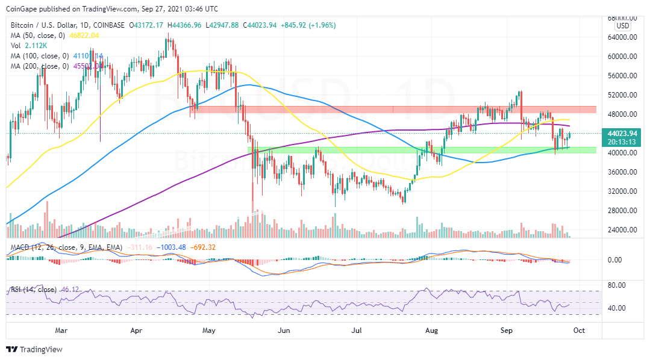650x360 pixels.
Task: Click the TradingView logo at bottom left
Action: pyautogui.click(x=34, y=349)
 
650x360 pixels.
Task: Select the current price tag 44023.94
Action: pyautogui.click(x=623, y=134)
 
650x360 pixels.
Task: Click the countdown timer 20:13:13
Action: pyautogui.click(x=623, y=142)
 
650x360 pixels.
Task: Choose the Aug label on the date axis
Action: pyautogui.click(x=431, y=330)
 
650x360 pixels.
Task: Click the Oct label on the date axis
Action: pyautogui.click(x=578, y=330)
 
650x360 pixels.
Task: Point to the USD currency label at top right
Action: pyautogui.click(x=623, y=26)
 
